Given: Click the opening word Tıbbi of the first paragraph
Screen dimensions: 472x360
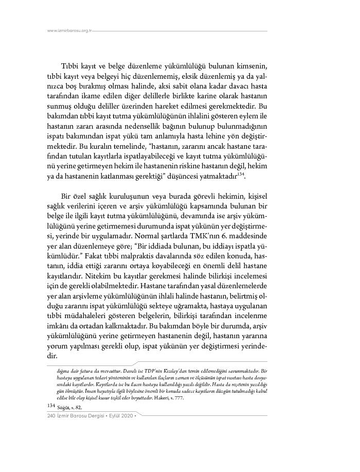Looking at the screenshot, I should tap(70, 67).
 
